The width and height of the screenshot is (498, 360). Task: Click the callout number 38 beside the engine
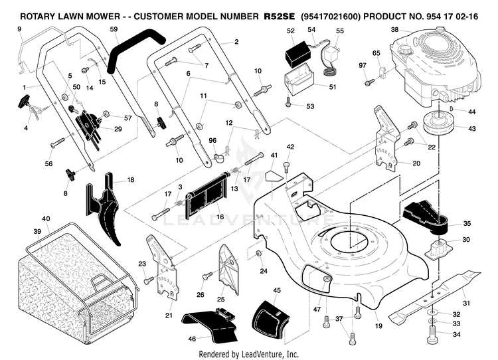tap(394, 30)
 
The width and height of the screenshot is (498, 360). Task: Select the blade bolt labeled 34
tap(432, 334)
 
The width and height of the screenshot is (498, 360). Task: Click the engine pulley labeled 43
tap(439, 123)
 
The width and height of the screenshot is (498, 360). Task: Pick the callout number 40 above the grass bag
tap(46, 219)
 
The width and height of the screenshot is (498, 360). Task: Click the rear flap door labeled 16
tap(207, 194)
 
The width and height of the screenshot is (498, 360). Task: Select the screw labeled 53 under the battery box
tap(288, 102)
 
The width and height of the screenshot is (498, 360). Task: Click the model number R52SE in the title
tap(279, 16)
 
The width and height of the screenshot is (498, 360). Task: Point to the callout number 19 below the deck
tap(378, 325)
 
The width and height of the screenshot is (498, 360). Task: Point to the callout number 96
tap(212, 140)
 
